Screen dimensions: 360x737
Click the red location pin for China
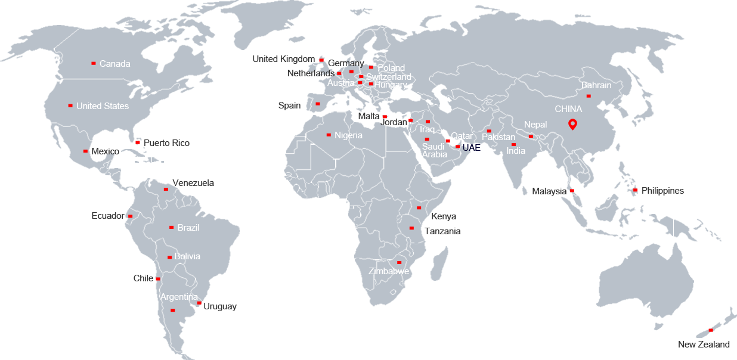(x=572, y=124)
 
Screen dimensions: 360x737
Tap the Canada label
(x=114, y=64)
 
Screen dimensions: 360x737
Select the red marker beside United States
(x=70, y=105)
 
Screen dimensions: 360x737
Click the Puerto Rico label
(x=166, y=143)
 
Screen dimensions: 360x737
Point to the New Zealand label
(x=704, y=345)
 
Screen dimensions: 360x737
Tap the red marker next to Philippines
(x=636, y=190)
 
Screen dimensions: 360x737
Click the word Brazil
(x=188, y=228)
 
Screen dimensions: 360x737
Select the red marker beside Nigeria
(x=329, y=135)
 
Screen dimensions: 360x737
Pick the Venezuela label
(x=193, y=183)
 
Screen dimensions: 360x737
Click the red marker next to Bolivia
(x=169, y=257)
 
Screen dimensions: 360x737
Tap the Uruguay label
(x=220, y=306)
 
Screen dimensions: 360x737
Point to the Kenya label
(x=444, y=216)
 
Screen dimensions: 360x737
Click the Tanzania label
(x=442, y=231)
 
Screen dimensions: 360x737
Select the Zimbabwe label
(x=389, y=271)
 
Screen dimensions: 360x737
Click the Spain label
(x=289, y=105)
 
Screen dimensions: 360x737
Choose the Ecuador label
(x=108, y=216)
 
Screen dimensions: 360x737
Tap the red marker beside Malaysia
(x=572, y=191)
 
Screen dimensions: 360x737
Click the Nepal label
(x=535, y=125)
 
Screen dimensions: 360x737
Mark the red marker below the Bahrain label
(x=589, y=96)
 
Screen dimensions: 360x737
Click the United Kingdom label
(x=283, y=59)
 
